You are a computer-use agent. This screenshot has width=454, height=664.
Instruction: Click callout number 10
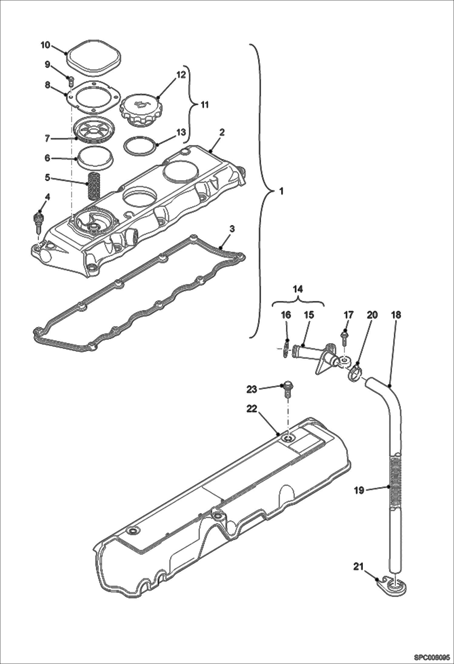(x=45, y=45)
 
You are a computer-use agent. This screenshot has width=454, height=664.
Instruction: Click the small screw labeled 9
(x=70, y=81)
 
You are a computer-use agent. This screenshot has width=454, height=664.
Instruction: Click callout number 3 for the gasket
(x=232, y=229)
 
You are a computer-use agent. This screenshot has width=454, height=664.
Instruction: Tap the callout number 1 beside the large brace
(x=281, y=191)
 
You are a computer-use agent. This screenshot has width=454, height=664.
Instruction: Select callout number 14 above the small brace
(x=298, y=289)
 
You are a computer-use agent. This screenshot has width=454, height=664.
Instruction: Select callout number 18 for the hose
(x=396, y=315)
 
